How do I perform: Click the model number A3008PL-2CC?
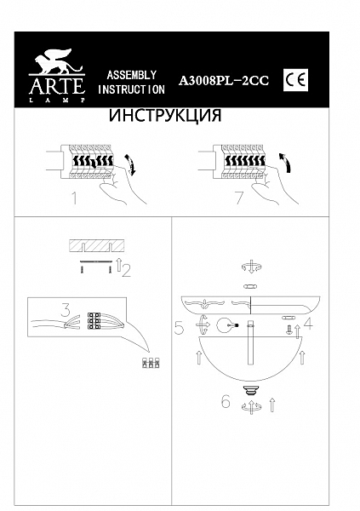[224, 81]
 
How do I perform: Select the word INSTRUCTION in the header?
[131, 89]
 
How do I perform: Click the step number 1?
[74, 200]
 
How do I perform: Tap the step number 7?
[239, 200]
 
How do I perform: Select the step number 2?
[126, 272]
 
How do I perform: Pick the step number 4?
[309, 324]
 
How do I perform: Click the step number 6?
[226, 402]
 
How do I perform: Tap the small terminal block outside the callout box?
[152, 362]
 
